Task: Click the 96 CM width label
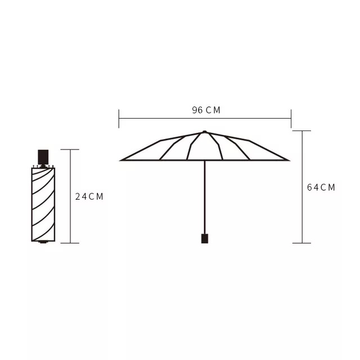pos(206,110)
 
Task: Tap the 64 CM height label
pos(321,187)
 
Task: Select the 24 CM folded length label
pos(89,196)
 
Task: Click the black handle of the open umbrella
pos(205,238)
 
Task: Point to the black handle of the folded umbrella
pos(43,157)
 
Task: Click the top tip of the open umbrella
pos(205,132)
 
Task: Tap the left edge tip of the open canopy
pos(120,160)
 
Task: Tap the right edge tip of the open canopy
pos(289,160)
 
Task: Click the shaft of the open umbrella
pos(205,197)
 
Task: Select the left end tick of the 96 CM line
pos(119,119)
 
